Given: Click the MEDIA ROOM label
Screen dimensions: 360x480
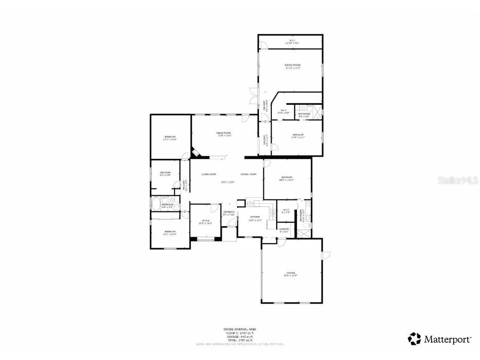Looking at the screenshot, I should [x=293, y=65].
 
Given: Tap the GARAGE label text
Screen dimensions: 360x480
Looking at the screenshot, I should [x=290, y=273].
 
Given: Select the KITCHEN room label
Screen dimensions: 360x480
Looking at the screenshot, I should [x=255, y=217].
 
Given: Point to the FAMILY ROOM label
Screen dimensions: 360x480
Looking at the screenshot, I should [x=223, y=133].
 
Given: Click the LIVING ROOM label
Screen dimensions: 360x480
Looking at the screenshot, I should [x=209, y=174].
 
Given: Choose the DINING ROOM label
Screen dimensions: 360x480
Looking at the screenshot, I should [x=248, y=174].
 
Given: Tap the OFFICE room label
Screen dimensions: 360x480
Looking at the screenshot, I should [x=206, y=221].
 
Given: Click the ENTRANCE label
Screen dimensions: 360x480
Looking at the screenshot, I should [x=229, y=212].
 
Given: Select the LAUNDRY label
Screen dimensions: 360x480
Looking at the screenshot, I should [x=284, y=229].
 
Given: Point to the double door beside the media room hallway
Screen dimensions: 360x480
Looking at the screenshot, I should [x=253, y=96].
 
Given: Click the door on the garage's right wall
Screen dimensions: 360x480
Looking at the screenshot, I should [x=326, y=256].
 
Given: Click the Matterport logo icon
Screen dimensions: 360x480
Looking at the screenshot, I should [x=414, y=339].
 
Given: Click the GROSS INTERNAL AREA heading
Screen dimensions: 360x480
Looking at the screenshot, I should [x=240, y=329].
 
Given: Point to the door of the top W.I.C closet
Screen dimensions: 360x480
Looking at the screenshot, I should [x=263, y=45].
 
